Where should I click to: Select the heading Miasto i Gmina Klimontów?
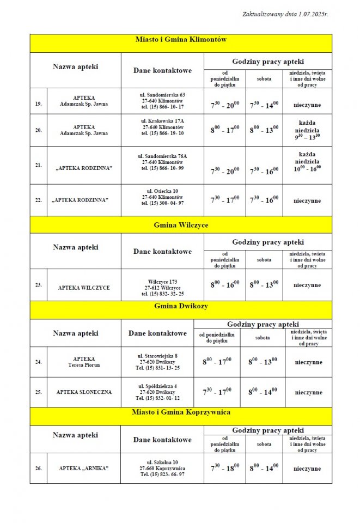[x=180, y=40]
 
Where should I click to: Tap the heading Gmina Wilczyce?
[x=180, y=224]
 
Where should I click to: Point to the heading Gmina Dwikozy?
[x=180, y=306]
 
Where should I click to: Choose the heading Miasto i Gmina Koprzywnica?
[x=180, y=412]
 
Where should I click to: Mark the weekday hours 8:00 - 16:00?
[x=225, y=284]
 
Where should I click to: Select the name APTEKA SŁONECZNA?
[x=84, y=392]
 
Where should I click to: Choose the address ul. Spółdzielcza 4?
[x=157, y=386]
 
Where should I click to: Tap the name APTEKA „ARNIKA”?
[x=84, y=469]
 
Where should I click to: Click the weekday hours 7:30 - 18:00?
[x=225, y=468]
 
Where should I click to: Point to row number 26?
[x=38, y=469]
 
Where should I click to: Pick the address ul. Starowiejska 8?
[x=157, y=355]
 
